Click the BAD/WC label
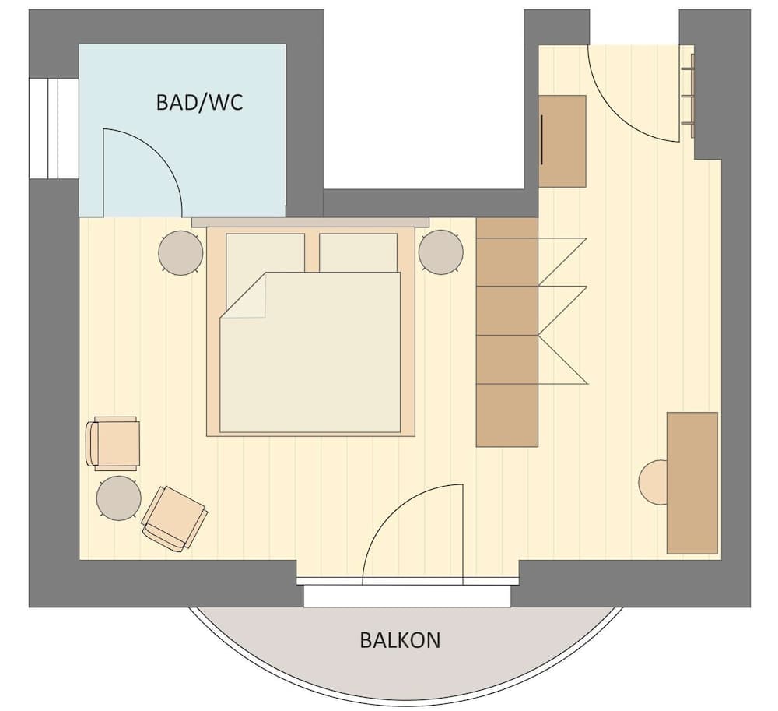click(199, 102)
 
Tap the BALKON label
click(400, 640)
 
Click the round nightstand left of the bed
click(180, 253)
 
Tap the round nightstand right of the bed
click(441, 252)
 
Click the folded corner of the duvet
click(244, 300)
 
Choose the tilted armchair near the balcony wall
click(175, 518)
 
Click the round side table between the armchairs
click(118, 498)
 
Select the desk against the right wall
click(692, 483)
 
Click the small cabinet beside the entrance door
click(562, 141)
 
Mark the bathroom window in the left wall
click(54, 128)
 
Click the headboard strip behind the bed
click(310, 222)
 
